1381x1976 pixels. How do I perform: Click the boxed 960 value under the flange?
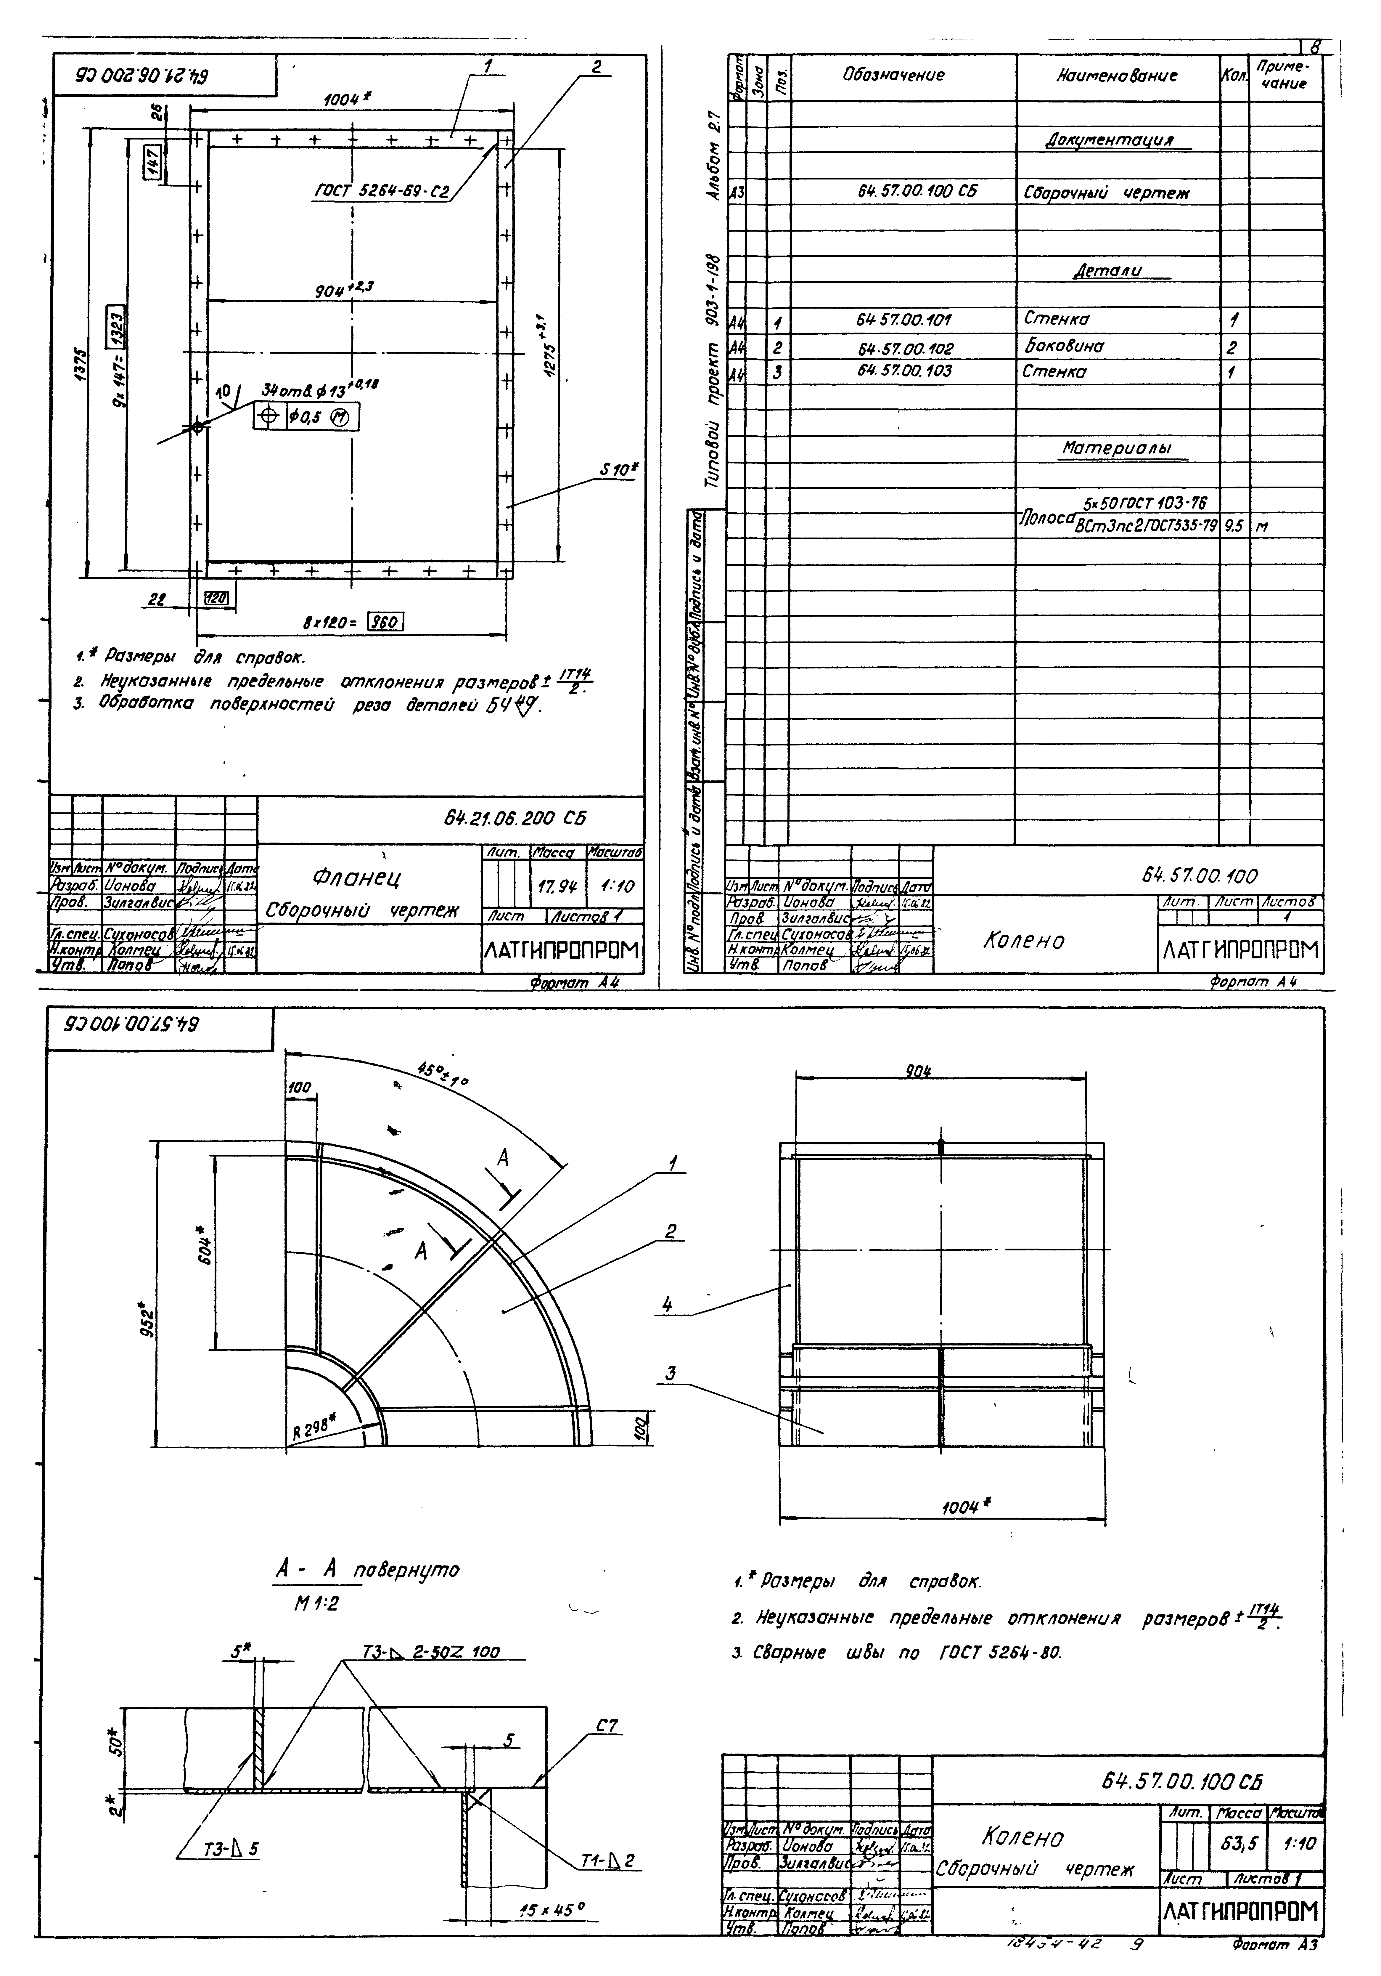point(385,621)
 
